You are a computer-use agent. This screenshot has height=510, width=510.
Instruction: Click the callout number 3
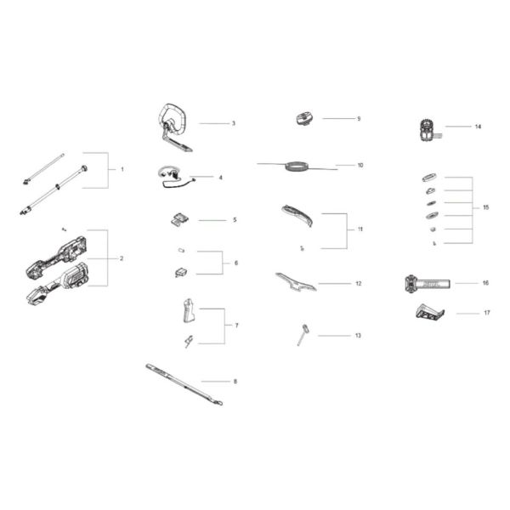(x=233, y=123)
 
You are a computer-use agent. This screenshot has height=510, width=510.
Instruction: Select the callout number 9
(x=358, y=118)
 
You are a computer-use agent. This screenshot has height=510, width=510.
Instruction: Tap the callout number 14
(x=478, y=127)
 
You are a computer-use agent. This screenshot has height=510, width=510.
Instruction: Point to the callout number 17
(x=487, y=313)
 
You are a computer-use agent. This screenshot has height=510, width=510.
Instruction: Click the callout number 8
(x=235, y=381)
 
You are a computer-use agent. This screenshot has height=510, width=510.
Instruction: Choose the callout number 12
(x=358, y=283)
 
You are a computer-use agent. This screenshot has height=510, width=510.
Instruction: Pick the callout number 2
(x=122, y=258)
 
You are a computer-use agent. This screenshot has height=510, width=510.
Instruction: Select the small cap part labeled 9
(x=304, y=119)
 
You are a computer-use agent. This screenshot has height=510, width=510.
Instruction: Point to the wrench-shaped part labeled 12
(x=295, y=282)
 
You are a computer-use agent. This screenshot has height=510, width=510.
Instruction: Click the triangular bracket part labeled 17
(x=430, y=314)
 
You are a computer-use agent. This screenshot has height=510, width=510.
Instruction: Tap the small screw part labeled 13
(x=303, y=334)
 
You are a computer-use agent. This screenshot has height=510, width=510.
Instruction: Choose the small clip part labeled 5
(x=177, y=219)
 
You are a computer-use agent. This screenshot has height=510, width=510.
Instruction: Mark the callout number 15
(x=485, y=207)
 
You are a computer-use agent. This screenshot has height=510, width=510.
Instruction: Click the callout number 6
(x=236, y=263)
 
